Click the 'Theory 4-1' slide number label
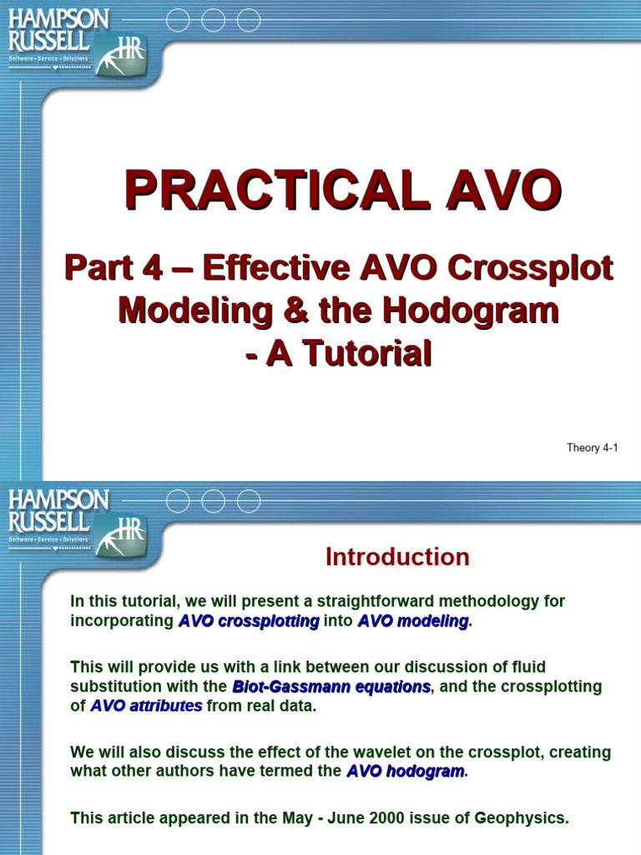[592, 448]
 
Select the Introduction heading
[397, 557]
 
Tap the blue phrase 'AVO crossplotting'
[249, 621]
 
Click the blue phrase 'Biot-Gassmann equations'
[331, 686]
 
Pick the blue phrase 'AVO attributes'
[146, 706]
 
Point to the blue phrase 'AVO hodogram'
[406, 772]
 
